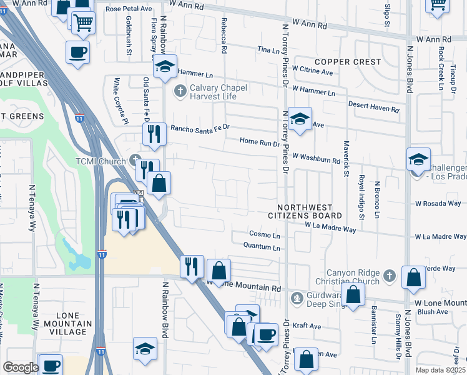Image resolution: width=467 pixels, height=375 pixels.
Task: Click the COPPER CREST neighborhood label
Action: click(348, 62)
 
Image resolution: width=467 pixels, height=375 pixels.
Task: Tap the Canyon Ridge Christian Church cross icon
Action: click(389, 275)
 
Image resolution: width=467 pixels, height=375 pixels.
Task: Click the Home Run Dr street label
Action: click(260, 142)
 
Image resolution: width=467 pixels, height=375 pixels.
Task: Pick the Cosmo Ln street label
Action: click(265, 235)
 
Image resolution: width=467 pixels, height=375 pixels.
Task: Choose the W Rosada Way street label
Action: click(438, 203)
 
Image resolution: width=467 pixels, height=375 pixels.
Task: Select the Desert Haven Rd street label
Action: click(373, 107)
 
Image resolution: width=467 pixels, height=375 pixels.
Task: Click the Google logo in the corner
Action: click(21, 367)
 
